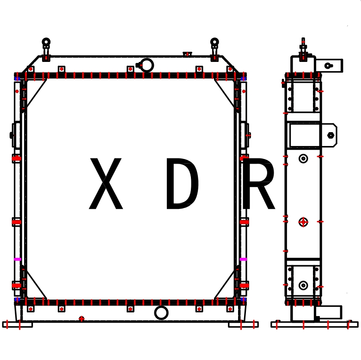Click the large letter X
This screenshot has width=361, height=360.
pos(106,183)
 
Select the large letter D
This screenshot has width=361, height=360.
pos(182,183)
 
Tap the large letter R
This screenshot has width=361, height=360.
pos(258,183)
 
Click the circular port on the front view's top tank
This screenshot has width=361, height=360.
pos(147,65)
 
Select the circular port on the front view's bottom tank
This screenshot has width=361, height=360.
pos(161,313)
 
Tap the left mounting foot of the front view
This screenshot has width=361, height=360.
pos(18,324)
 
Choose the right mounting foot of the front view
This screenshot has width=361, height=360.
pos(243,324)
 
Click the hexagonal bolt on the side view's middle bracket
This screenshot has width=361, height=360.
pos(330,135)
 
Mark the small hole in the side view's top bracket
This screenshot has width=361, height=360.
pos(328,66)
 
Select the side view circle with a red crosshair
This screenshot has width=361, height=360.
pos(303,222)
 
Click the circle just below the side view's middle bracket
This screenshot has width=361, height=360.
pos(303,159)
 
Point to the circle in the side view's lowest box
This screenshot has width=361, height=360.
pos(303,285)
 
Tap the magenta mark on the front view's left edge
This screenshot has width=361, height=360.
pos(18,259)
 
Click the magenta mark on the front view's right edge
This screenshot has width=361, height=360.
pos(243,259)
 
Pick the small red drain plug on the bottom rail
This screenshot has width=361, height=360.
pos(82,318)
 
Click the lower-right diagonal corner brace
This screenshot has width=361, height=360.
pos(226,284)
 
